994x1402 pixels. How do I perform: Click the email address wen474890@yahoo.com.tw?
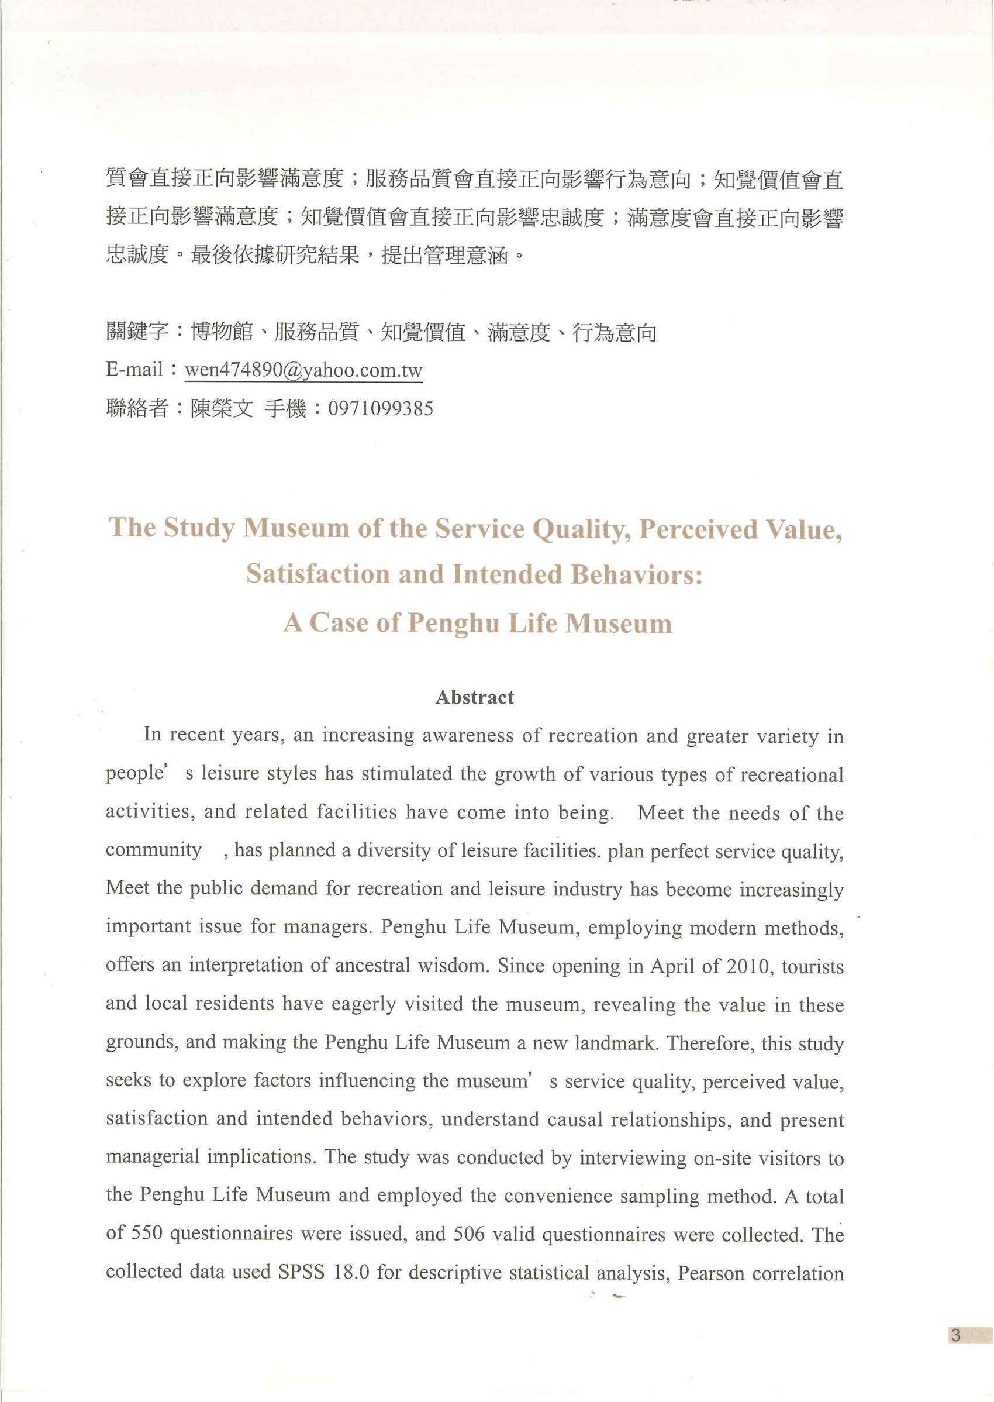point(303,370)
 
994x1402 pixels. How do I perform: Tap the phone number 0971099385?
point(380,408)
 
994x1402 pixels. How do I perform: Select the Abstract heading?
point(474,697)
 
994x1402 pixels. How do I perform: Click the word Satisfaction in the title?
point(317,574)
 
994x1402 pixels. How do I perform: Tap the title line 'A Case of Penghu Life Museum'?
point(478,623)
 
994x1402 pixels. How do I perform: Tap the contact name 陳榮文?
point(222,408)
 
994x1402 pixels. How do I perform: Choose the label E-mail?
point(134,370)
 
